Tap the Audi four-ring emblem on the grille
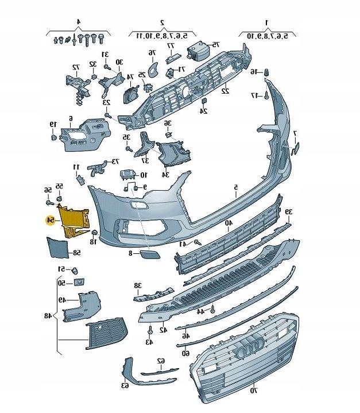(251, 344)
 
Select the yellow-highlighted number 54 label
(51, 221)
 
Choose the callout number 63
(125, 385)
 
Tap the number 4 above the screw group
(78, 22)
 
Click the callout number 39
(289, 212)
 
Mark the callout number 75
(215, 44)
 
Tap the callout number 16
(254, 72)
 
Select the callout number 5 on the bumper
(235, 187)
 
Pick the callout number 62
(161, 361)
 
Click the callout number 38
(137, 285)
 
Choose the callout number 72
(75, 67)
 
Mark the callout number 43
(149, 342)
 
